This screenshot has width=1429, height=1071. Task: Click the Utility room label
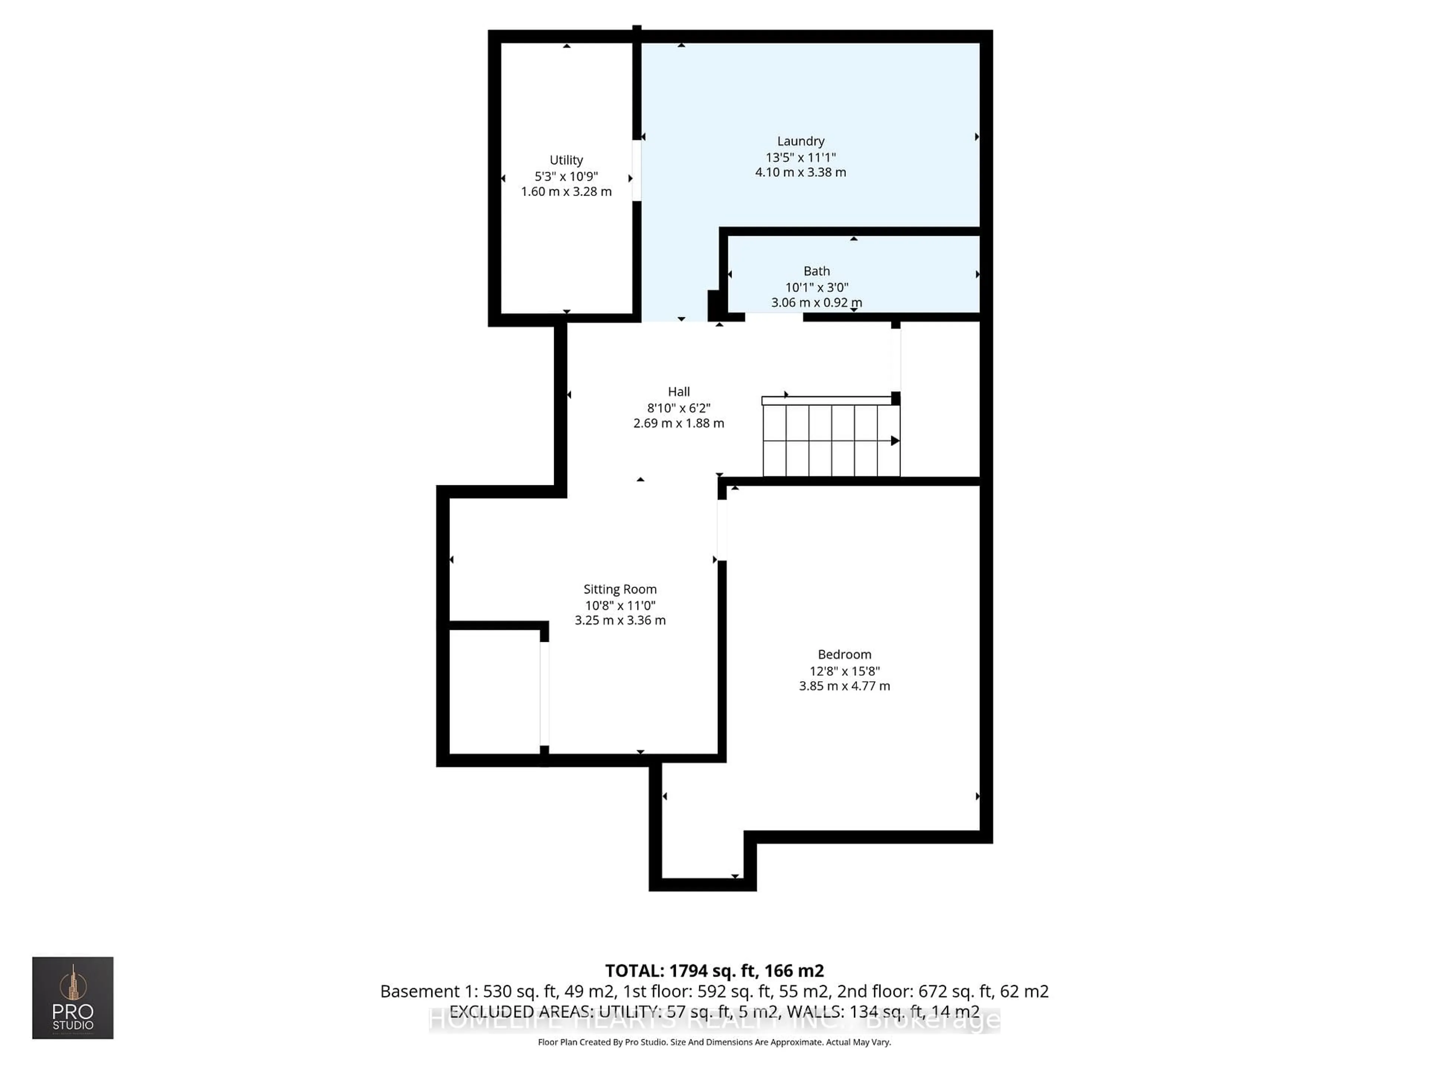[x=566, y=160]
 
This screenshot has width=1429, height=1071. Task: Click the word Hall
[x=678, y=392]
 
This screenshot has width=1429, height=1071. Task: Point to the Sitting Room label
[x=620, y=589]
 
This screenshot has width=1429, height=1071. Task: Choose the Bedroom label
[x=844, y=654]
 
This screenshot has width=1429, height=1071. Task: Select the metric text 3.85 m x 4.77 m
[x=844, y=686]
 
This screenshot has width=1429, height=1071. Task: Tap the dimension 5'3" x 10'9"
[x=566, y=176]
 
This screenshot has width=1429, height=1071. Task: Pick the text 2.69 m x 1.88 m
[x=678, y=424]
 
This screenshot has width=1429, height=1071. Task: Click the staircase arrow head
[x=895, y=441]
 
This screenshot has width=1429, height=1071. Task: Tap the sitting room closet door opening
[x=544, y=694]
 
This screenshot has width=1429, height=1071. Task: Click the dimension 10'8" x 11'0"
[x=620, y=605]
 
